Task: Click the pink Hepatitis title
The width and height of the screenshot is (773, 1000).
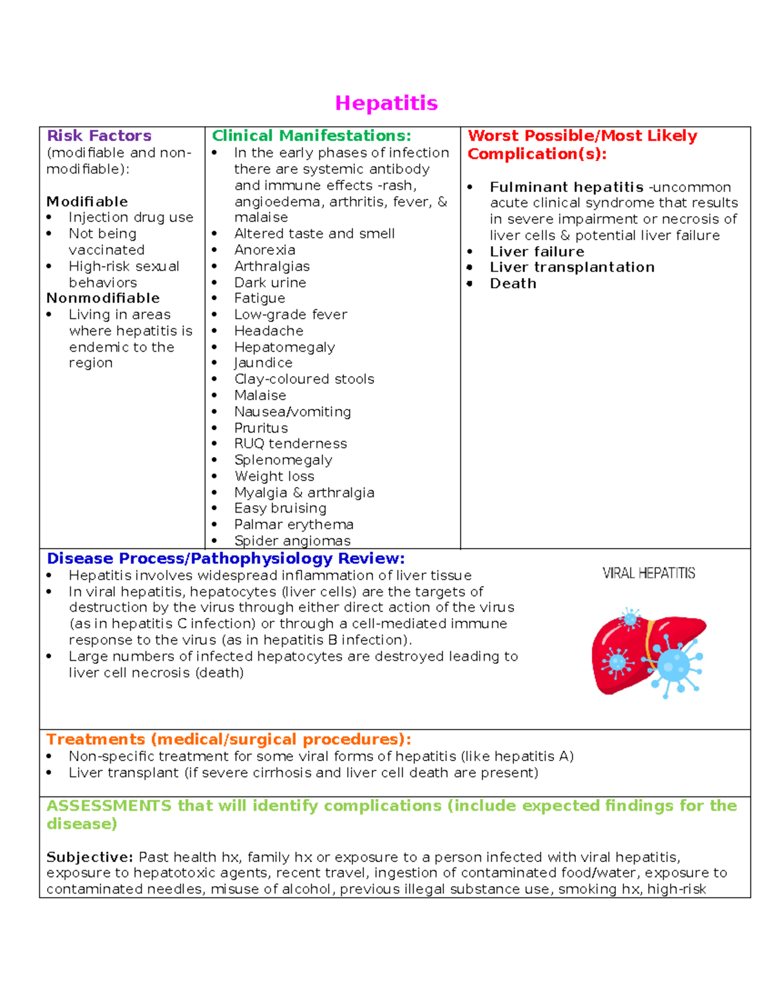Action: [386, 103]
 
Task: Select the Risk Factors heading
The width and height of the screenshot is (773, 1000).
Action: [99, 136]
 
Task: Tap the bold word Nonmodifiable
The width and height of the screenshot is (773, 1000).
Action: [103, 298]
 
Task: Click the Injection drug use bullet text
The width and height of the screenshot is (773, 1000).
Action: [131, 218]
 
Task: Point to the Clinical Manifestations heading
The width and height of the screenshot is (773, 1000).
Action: [311, 136]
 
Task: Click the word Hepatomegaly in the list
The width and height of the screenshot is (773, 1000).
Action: [284, 347]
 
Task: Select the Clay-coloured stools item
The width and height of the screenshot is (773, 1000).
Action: [304, 379]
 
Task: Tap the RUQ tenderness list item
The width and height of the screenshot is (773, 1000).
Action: [290, 444]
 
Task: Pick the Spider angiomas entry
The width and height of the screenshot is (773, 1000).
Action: [292, 541]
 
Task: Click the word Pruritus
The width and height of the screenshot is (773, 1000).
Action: [261, 428]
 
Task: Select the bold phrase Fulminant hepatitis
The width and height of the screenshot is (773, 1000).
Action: [566, 187]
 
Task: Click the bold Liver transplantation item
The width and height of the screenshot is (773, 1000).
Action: [572, 267]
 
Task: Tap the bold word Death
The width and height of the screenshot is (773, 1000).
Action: [513, 284]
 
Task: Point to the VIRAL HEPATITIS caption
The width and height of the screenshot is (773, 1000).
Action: [649, 573]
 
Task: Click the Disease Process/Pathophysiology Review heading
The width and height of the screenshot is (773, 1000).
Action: [225, 558]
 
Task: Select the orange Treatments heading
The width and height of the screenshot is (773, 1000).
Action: [228, 739]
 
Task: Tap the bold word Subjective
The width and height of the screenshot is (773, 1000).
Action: [89, 857]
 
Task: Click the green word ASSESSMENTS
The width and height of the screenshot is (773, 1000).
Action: [109, 806]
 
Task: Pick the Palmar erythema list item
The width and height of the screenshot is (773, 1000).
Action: [293, 525]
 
